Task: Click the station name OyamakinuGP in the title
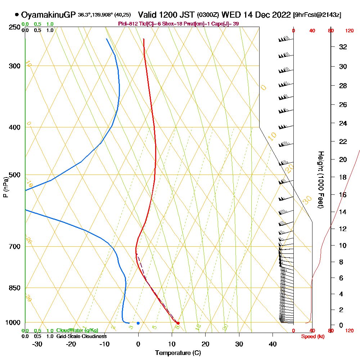tap(48, 15)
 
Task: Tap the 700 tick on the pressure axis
tap(15, 247)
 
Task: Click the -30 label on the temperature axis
tap(37, 344)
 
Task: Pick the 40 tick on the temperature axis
tap(273, 344)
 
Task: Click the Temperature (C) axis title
tap(178, 353)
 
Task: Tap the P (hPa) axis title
tap(5, 187)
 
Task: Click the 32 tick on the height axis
tap(343, 47)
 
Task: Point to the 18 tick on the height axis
tap(343, 177)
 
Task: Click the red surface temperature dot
tap(178, 323)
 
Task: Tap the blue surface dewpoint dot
tap(138, 323)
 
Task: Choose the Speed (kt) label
tap(311, 336)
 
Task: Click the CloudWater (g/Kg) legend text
tap(77, 330)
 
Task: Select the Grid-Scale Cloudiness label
tap(81, 336)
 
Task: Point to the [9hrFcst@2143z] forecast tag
tap(317, 15)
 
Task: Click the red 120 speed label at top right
tap(349, 31)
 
